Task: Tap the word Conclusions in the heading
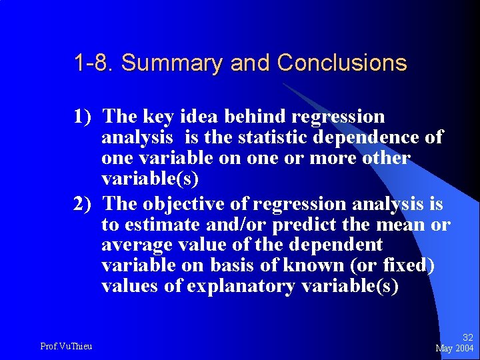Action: point(342,63)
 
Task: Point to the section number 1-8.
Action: point(95,63)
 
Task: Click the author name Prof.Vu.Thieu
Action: point(66,346)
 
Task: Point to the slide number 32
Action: point(467,338)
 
